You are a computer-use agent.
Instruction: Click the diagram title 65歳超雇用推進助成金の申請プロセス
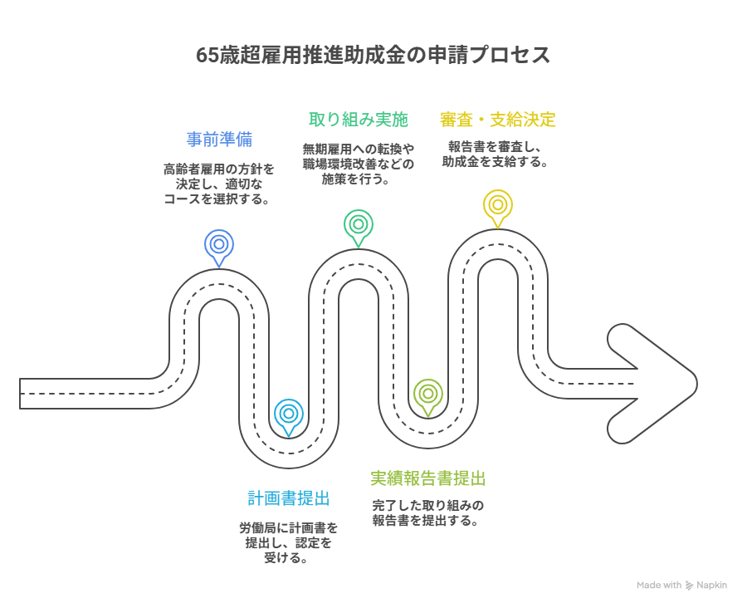(373, 56)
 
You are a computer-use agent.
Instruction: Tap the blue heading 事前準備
(218, 139)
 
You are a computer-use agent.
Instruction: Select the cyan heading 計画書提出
(289, 498)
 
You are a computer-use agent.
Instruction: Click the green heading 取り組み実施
(358, 119)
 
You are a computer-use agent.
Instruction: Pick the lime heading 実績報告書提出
(427, 478)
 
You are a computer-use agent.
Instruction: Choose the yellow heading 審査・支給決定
(497, 119)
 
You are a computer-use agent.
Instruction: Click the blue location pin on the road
(219, 246)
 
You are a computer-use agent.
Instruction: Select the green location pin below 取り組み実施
(359, 225)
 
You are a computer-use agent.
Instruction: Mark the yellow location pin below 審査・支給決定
(498, 205)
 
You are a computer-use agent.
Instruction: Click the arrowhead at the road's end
(656, 383)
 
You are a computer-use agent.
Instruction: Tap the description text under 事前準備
(218, 184)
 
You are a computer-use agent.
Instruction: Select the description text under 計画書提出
(288, 542)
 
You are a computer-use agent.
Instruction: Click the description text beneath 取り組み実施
(358, 163)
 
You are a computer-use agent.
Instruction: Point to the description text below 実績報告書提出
(427, 512)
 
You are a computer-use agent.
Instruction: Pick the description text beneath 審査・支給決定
(497, 154)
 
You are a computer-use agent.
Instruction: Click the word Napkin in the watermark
(712, 585)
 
